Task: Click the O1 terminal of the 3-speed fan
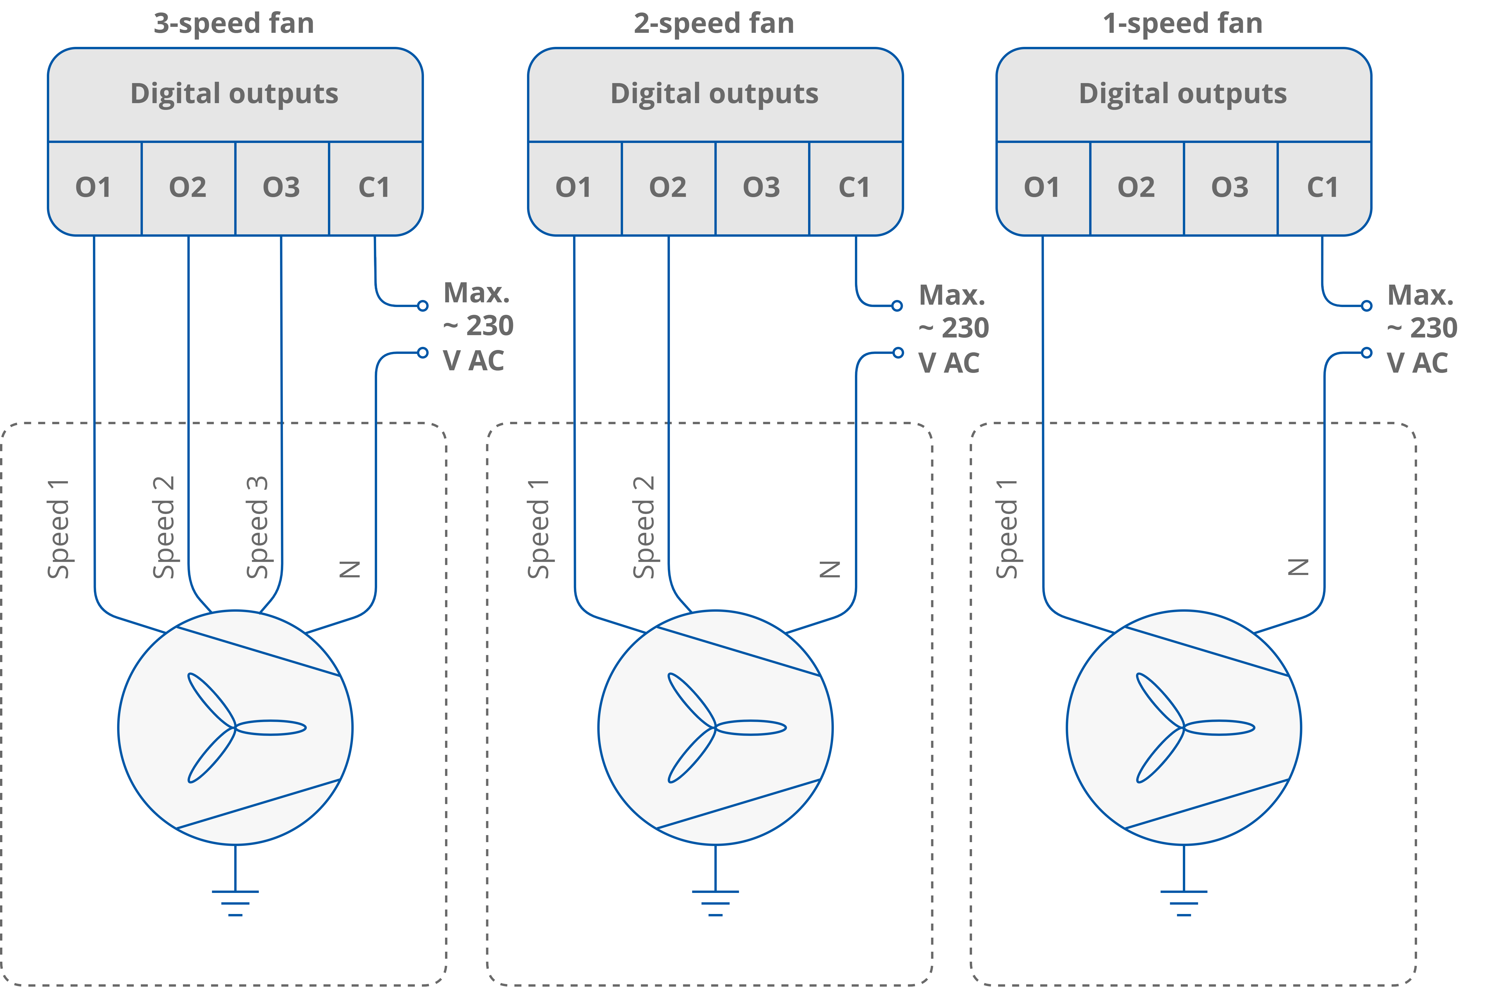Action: [94, 187]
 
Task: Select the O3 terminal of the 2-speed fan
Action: [761, 187]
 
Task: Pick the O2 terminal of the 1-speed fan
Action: [1136, 187]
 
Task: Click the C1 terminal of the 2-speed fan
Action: [855, 187]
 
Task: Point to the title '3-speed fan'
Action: [234, 23]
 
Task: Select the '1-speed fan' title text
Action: [1182, 23]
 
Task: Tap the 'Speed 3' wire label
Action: [257, 527]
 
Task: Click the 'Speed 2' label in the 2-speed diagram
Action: [644, 527]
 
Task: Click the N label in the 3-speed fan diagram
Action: [350, 569]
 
